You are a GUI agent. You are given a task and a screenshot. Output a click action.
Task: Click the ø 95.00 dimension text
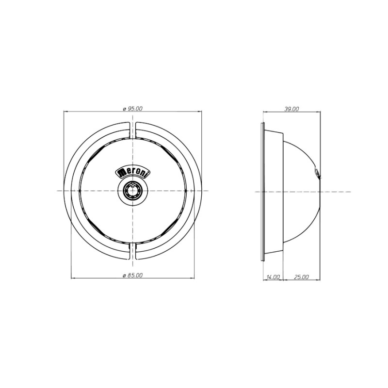pyautogui.click(x=133, y=109)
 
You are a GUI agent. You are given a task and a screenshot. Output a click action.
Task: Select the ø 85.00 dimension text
pyautogui.click(x=133, y=275)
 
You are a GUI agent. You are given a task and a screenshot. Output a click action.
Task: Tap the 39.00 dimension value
pyautogui.click(x=291, y=109)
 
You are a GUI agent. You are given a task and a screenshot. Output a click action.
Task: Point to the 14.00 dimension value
pyautogui.click(x=273, y=277)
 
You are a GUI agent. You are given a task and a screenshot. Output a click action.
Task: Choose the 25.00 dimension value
pyautogui.click(x=301, y=277)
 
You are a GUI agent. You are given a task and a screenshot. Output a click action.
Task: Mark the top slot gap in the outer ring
pyautogui.click(x=133, y=129)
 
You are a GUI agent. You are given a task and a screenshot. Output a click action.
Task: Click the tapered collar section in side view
pyautogui.click(x=274, y=192)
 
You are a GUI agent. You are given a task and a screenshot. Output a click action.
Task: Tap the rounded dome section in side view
pyautogui.click(x=301, y=192)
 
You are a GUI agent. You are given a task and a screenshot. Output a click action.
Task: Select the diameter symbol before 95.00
pyautogui.click(x=125, y=109)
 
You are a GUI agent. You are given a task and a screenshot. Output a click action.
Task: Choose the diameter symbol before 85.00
pyautogui.click(x=125, y=275)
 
